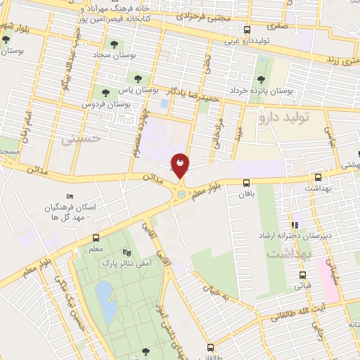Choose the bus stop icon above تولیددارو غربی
pyautogui.click(x=246, y=30)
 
